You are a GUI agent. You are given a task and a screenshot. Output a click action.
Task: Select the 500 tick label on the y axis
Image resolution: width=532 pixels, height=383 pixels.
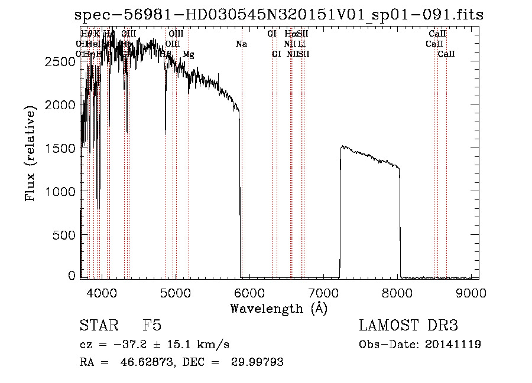[64, 235]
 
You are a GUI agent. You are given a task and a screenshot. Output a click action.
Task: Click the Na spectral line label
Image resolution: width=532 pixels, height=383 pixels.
[241, 44]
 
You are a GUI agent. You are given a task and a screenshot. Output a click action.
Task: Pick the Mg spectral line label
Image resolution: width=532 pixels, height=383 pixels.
[188, 54]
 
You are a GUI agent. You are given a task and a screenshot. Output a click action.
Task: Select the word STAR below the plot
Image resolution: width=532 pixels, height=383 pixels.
[98, 326]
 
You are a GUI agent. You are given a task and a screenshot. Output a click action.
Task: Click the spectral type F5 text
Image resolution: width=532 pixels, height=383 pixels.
[152, 326]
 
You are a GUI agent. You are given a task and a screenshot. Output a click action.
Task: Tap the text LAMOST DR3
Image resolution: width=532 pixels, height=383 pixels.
[408, 326]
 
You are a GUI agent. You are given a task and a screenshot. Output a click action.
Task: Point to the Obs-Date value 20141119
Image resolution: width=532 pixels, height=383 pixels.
[453, 345]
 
